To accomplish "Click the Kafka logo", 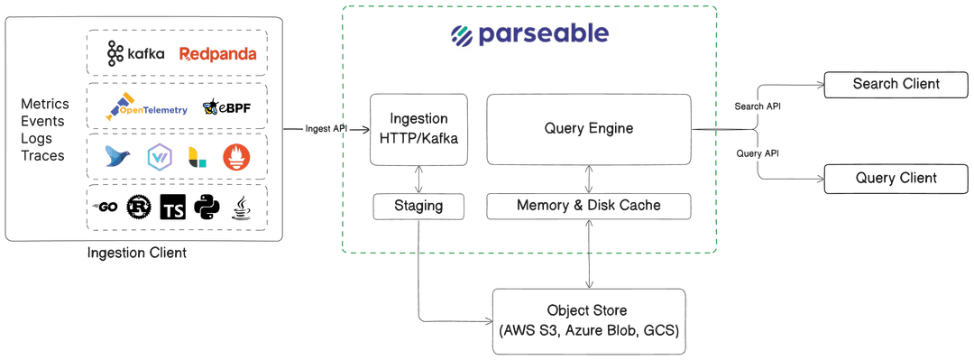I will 135,54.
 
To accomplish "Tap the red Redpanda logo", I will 218,54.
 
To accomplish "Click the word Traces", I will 42,156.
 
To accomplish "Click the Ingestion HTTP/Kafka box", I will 421,128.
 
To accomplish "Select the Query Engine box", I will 588,128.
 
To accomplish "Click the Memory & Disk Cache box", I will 588,206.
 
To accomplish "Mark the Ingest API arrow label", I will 326,129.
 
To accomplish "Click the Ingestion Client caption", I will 136,254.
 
